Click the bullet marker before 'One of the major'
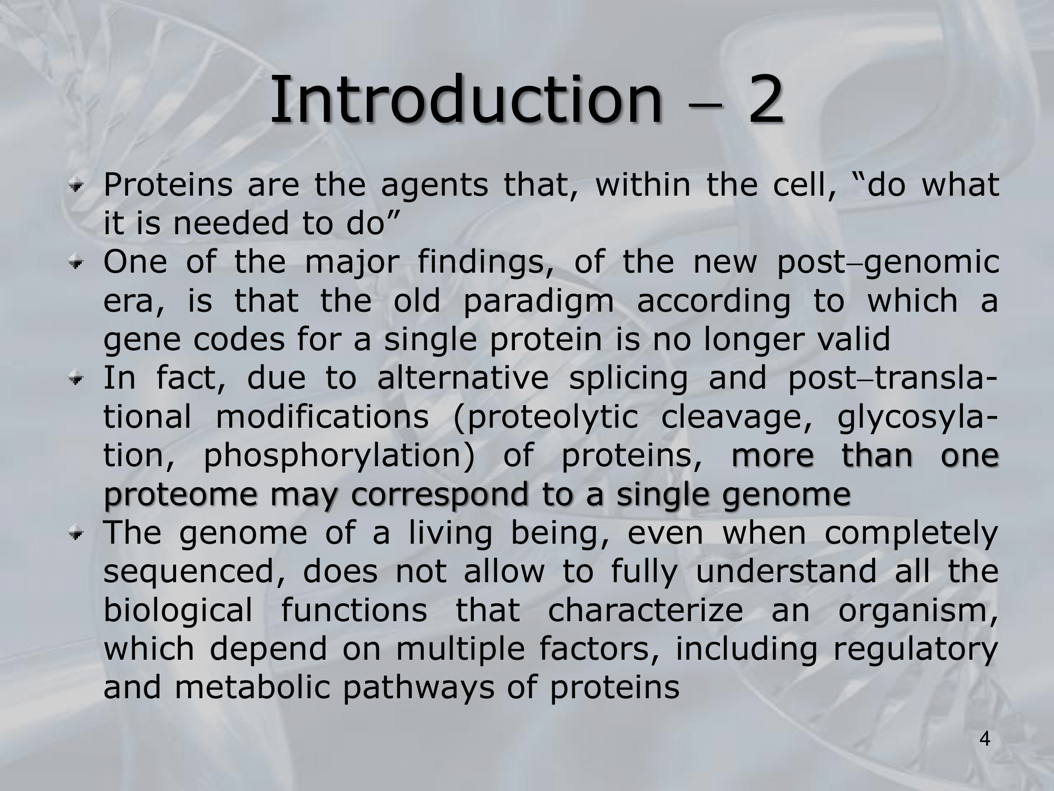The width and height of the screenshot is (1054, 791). tap(78, 263)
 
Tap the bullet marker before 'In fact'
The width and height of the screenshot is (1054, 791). tap(78, 379)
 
